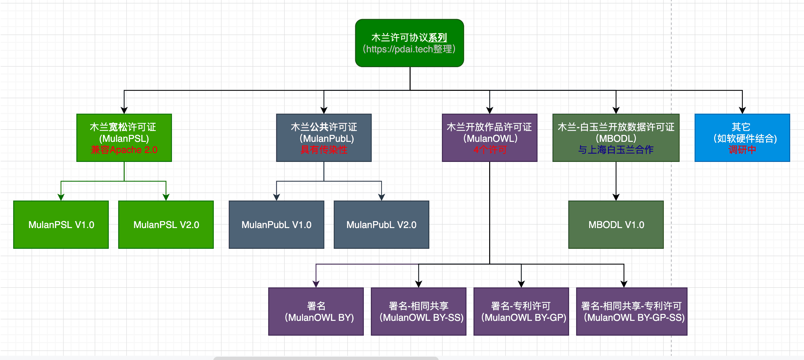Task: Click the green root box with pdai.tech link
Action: (x=410, y=43)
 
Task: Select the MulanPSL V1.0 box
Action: (x=61, y=225)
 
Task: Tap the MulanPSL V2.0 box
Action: (x=166, y=225)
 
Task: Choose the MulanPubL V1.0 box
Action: (x=276, y=225)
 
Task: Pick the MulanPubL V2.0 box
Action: (x=381, y=225)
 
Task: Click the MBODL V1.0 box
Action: (x=616, y=225)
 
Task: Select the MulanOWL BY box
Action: (x=316, y=312)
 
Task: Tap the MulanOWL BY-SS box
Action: (x=418, y=312)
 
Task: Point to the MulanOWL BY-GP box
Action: (x=521, y=312)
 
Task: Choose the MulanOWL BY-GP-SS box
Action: (x=632, y=312)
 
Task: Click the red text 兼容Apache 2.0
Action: (x=124, y=150)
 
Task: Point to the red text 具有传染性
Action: (x=324, y=150)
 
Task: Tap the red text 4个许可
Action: (x=490, y=150)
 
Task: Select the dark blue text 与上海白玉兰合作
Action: (x=616, y=150)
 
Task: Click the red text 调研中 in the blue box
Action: (x=742, y=150)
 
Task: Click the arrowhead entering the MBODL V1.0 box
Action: (x=616, y=197)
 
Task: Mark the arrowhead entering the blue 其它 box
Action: (x=742, y=110)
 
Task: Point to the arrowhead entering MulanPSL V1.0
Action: (x=61, y=197)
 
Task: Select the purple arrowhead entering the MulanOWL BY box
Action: (x=316, y=284)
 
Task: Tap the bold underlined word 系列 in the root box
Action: (x=438, y=38)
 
